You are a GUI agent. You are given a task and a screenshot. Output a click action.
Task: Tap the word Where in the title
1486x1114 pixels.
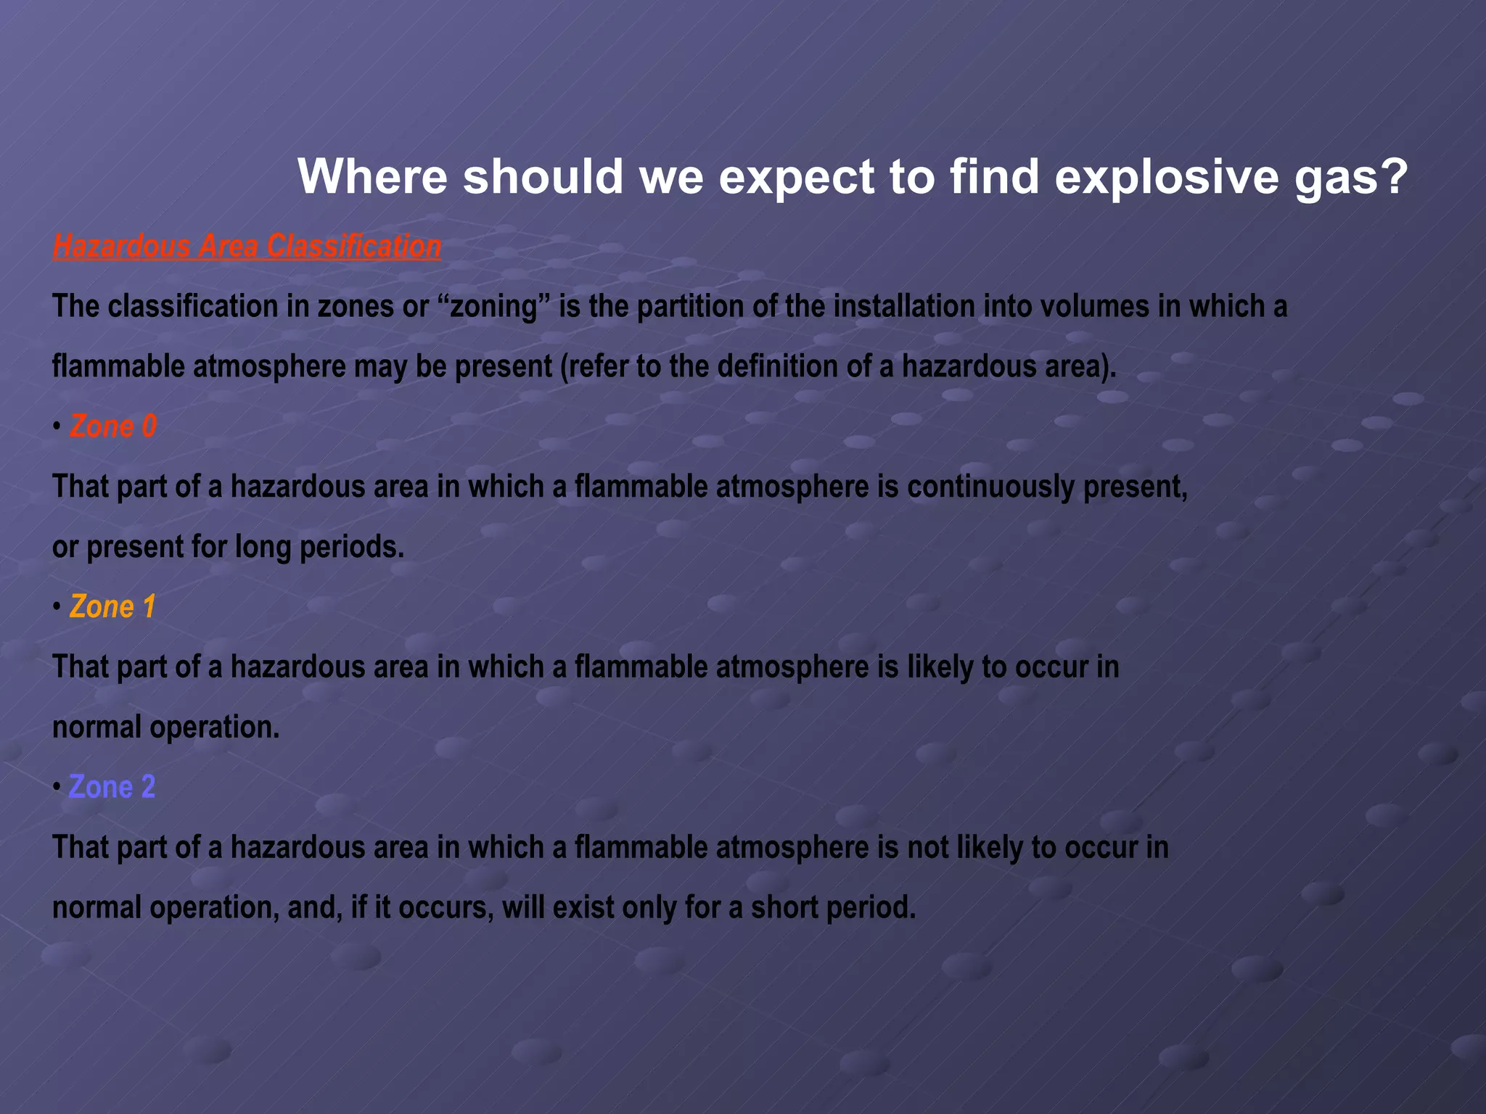[372, 176]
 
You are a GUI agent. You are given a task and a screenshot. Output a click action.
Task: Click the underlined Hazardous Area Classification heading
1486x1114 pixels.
[247, 247]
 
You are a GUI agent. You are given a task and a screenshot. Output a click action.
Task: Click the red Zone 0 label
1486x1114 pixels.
[113, 426]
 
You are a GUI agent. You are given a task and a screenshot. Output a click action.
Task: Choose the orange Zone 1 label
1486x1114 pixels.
[113, 607]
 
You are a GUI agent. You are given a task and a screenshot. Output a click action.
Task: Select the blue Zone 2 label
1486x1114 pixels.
[112, 787]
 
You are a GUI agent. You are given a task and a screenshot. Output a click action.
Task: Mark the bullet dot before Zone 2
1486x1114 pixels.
[57, 788]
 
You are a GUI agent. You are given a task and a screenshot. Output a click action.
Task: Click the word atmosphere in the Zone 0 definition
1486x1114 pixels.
[792, 487]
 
